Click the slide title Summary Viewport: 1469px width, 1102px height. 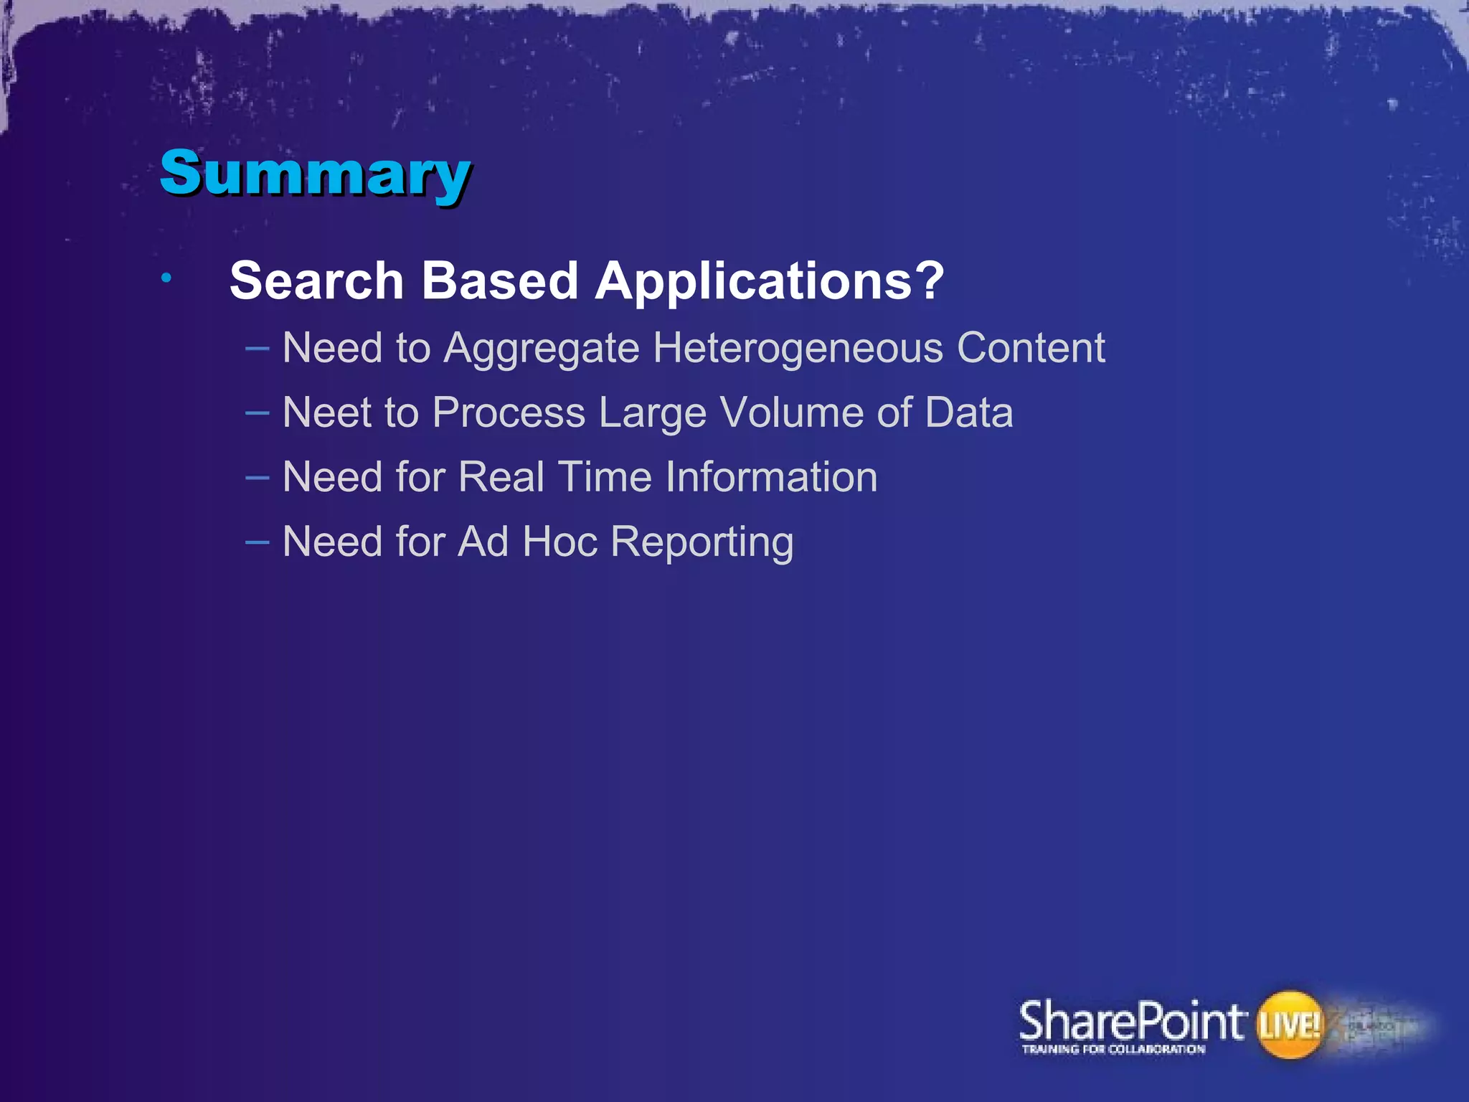(x=315, y=173)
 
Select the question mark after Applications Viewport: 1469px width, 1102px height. (x=930, y=281)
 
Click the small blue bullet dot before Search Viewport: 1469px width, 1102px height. (x=166, y=278)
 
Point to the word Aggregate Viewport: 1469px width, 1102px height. (x=541, y=349)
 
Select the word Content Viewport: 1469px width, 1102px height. (x=1031, y=348)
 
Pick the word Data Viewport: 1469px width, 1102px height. (x=968, y=413)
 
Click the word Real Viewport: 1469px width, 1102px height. (x=501, y=477)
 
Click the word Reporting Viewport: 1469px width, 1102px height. (x=702, y=543)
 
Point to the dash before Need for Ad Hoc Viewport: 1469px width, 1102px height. (x=257, y=542)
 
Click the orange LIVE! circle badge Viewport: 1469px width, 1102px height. (x=1289, y=1025)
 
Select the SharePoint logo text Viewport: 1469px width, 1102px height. (x=1130, y=1022)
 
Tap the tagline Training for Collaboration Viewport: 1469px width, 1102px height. (x=1113, y=1050)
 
